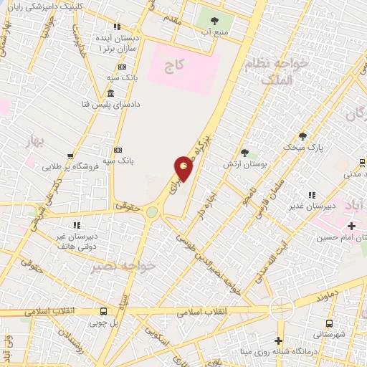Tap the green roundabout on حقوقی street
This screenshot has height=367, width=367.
tap(151, 212)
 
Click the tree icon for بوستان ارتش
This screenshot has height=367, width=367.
tap(244, 153)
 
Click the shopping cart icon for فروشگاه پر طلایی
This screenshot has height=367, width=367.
tap(70, 156)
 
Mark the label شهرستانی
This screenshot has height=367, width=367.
tap(329, 335)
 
